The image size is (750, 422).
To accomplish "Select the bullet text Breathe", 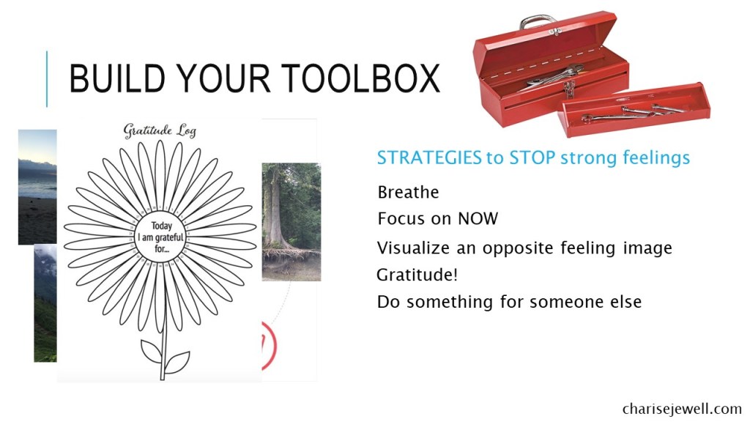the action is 408,193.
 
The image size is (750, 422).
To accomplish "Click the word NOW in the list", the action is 478,219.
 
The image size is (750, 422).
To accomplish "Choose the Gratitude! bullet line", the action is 417,275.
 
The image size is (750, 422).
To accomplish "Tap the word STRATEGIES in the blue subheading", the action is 429,158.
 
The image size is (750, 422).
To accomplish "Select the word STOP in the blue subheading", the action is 532,158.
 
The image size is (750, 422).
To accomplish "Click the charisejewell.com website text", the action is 682,409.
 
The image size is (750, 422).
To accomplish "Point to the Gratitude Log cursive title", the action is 160,130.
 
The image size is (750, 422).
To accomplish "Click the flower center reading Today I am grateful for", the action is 161,237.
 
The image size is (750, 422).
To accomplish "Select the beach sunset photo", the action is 37,187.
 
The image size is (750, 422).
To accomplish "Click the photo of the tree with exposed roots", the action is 292,221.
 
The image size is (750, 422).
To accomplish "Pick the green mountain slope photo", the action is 45,303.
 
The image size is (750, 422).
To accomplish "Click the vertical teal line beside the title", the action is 47,79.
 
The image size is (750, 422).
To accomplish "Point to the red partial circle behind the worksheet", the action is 272,346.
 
